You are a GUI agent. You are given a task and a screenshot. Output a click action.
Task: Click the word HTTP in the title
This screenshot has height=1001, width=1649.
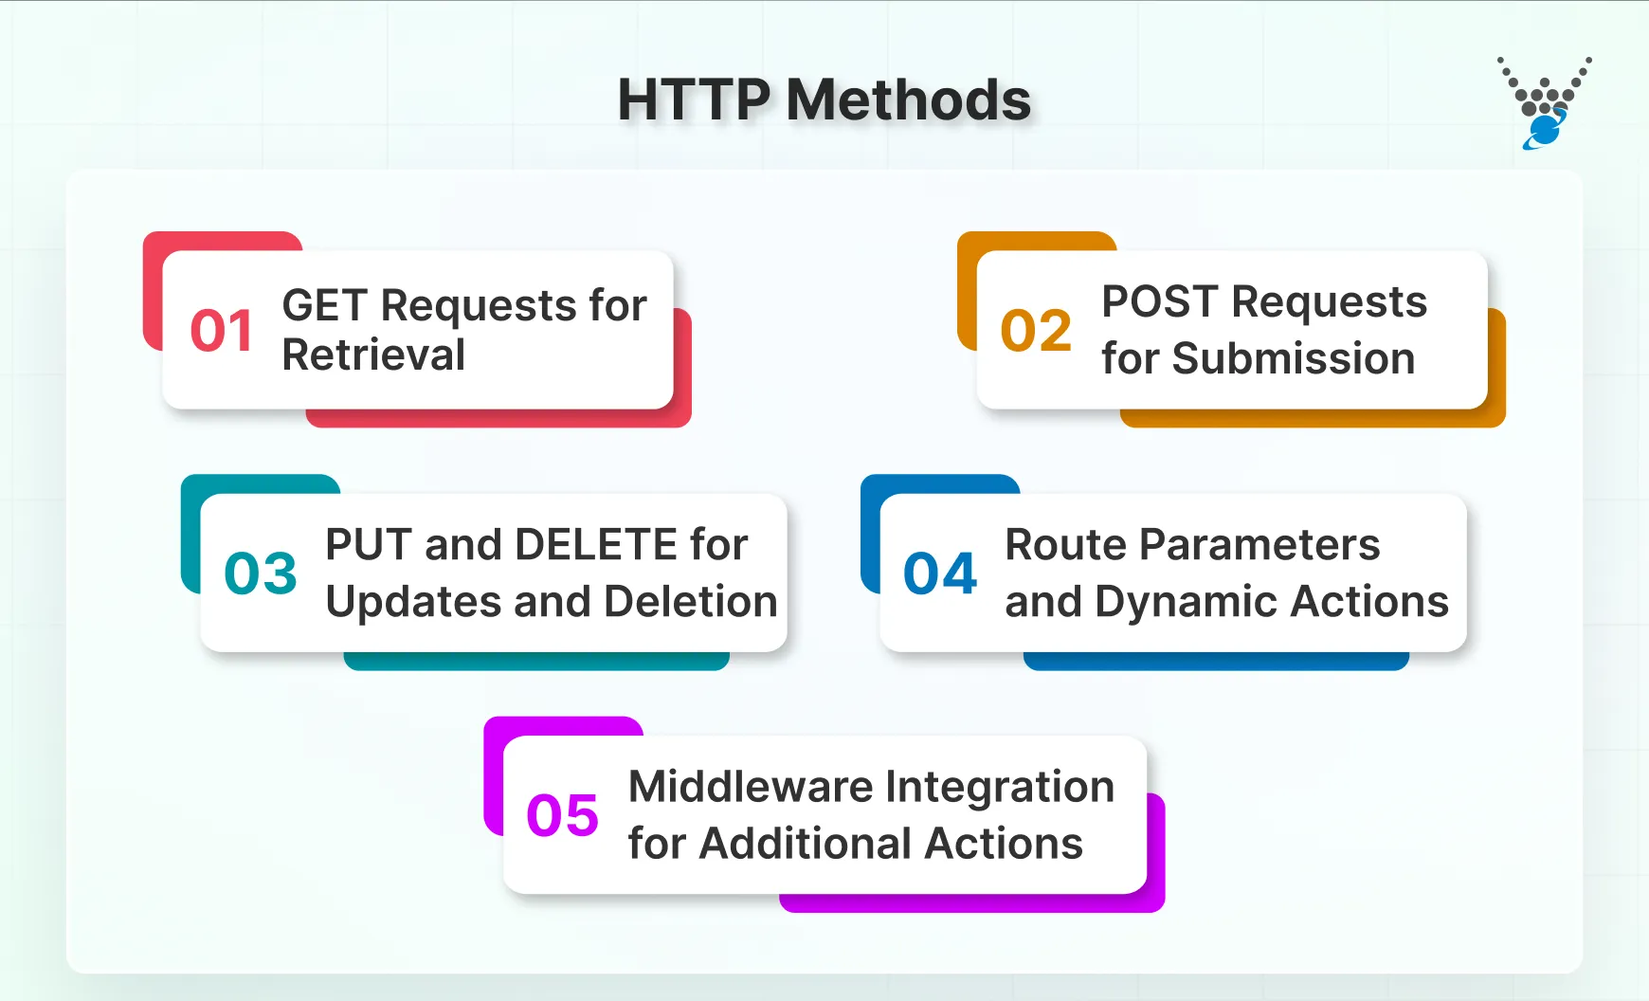click(694, 100)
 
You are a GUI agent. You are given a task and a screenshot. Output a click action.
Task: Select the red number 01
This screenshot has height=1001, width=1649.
click(222, 331)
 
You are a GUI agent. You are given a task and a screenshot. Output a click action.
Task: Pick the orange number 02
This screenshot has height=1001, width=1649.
click(1036, 331)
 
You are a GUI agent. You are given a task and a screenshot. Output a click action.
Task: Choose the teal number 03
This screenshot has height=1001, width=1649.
click(261, 573)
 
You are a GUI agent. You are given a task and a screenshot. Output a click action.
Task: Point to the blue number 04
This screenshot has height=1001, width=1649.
click(940, 573)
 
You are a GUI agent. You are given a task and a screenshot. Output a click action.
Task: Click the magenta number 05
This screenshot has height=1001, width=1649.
click(563, 815)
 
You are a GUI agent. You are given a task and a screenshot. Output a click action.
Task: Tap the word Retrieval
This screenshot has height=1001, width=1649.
click(373, 355)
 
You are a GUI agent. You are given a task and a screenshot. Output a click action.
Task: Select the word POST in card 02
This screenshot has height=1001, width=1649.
click(1159, 302)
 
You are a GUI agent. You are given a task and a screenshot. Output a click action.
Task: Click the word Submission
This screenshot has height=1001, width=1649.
click(1293, 359)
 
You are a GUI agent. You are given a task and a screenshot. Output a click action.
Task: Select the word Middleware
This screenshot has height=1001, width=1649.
click(751, 787)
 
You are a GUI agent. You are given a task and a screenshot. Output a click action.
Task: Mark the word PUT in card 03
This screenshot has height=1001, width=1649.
click(367, 545)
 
